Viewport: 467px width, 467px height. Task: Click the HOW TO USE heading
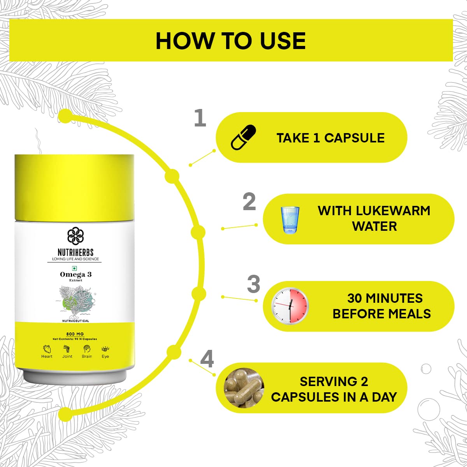(x=230, y=41)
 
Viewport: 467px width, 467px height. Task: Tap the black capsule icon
(x=243, y=137)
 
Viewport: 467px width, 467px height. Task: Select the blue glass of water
(x=290, y=220)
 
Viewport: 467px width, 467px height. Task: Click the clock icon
(x=290, y=306)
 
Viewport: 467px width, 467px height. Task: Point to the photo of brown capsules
(x=244, y=388)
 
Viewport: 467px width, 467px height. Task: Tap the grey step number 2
(x=249, y=201)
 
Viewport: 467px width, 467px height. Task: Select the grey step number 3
(x=253, y=284)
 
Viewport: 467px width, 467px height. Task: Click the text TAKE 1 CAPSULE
(x=330, y=138)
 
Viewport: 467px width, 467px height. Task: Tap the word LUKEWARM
(x=393, y=211)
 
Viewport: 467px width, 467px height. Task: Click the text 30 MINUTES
(x=385, y=298)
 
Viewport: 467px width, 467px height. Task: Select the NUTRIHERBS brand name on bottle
(x=75, y=252)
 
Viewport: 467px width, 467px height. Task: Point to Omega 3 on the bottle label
(x=76, y=274)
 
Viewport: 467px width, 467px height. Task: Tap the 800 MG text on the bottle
(x=75, y=334)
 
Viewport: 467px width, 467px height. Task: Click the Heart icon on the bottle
(x=47, y=349)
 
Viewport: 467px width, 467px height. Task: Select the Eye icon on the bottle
(x=105, y=349)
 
